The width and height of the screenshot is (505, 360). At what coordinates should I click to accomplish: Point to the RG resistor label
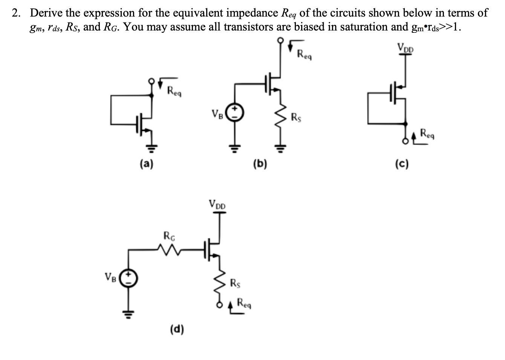[x=169, y=236]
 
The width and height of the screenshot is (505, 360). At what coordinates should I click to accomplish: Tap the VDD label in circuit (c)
[x=405, y=48]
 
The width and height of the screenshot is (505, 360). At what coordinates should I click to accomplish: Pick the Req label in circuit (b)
[x=305, y=55]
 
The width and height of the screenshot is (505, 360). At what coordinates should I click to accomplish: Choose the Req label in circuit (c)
[x=428, y=133]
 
